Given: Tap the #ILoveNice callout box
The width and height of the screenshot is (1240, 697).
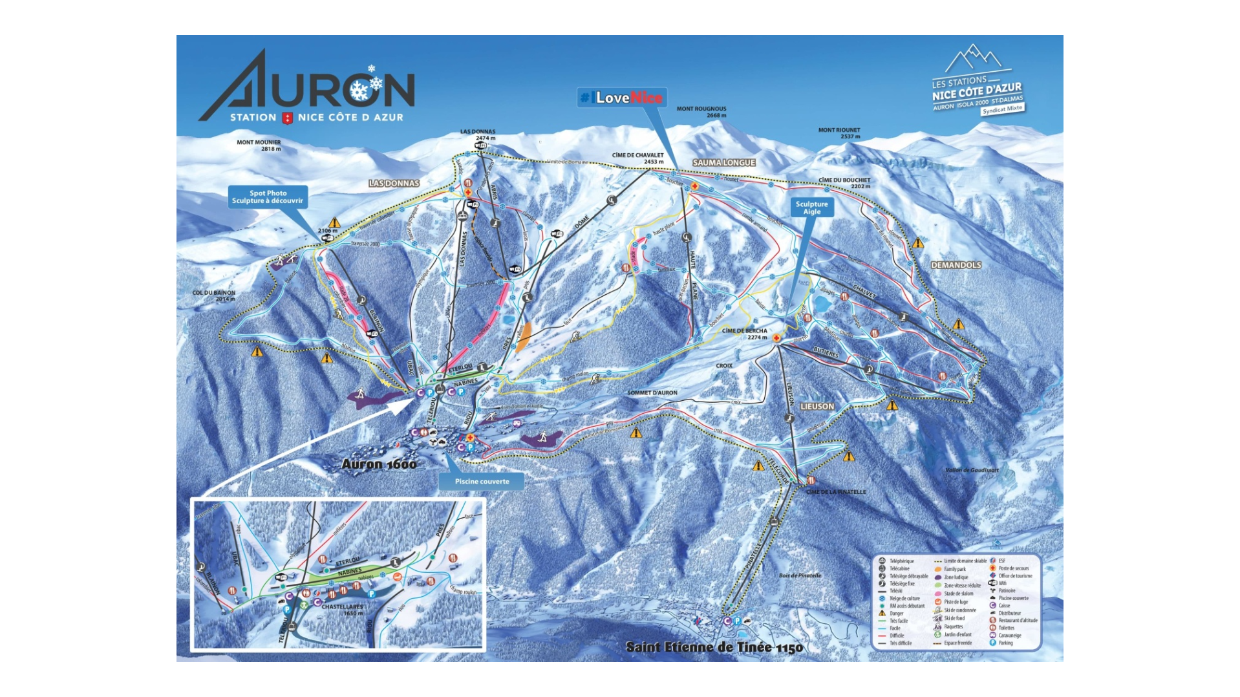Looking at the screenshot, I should pyautogui.click(x=622, y=98).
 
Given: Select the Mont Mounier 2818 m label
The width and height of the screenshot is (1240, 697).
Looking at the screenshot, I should pyautogui.click(x=259, y=145).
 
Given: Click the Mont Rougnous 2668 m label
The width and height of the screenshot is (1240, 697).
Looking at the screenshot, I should pyautogui.click(x=701, y=112).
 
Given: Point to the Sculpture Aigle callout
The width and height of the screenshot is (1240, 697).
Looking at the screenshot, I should pyautogui.click(x=811, y=208).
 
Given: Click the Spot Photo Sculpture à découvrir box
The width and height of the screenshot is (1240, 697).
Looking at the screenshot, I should pyautogui.click(x=268, y=197).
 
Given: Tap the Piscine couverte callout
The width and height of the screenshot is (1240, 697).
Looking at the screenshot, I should pyautogui.click(x=482, y=481).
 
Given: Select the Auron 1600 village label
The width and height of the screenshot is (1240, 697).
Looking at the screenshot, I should pyautogui.click(x=379, y=464).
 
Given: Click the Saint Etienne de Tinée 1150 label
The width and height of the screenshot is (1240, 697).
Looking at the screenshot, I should pyautogui.click(x=714, y=647).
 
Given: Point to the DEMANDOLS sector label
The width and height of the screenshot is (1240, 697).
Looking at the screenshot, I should pyautogui.click(x=956, y=265).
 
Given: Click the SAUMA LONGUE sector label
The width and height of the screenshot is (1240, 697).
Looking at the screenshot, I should pyautogui.click(x=723, y=162).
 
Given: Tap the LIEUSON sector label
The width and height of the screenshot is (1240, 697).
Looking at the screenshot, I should pyautogui.click(x=817, y=406).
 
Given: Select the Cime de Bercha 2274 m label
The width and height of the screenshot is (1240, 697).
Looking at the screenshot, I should pyautogui.click(x=745, y=334).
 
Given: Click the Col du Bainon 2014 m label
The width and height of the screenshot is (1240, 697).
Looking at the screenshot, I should pyautogui.click(x=214, y=295).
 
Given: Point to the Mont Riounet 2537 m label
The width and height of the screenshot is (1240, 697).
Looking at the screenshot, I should pyautogui.click(x=839, y=133).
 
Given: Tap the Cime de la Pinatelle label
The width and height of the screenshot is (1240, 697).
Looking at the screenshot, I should pyautogui.click(x=837, y=492).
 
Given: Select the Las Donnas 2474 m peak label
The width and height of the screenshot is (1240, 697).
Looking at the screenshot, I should pyautogui.click(x=478, y=134).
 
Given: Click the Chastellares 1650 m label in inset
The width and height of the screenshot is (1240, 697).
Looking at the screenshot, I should pyautogui.click(x=343, y=610).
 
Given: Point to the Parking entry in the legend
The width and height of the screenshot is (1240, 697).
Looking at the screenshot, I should pyautogui.click(x=1005, y=643).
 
